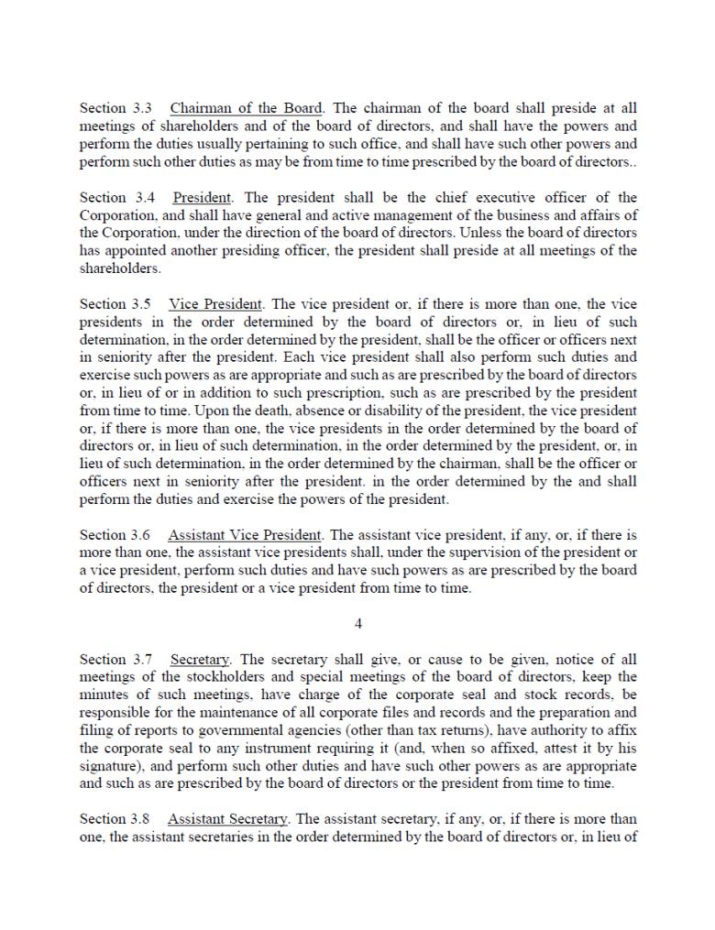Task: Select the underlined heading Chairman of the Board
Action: click(246, 108)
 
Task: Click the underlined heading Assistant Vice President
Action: click(247, 535)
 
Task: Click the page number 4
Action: click(358, 624)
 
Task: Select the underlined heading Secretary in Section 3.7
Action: click(201, 660)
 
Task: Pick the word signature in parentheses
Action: click(111, 766)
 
